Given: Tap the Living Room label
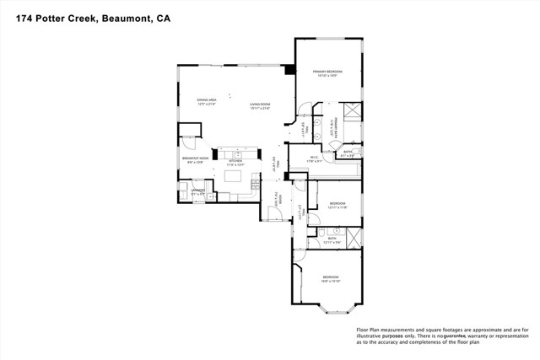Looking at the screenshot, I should click(x=259, y=105).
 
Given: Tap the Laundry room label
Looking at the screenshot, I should click(x=197, y=192).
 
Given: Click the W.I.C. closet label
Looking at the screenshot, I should click(x=312, y=157).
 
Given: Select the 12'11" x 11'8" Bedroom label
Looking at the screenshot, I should click(x=337, y=205).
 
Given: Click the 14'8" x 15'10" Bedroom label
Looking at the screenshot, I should click(x=330, y=279).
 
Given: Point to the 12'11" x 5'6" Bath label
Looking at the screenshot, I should click(x=332, y=240).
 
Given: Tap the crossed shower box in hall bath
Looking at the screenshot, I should click(x=355, y=236).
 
